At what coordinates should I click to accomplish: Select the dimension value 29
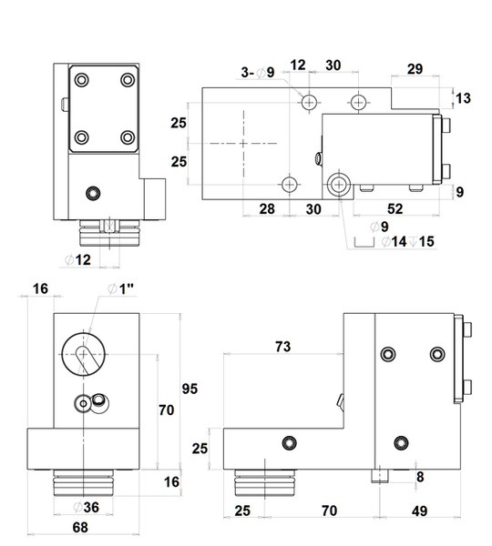[415, 70]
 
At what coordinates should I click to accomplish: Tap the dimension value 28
[266, 209]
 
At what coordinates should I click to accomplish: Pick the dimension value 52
[395, 209]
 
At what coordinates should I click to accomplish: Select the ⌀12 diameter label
[78, 261]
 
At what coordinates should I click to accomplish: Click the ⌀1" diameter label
[122, 288]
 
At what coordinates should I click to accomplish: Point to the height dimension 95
[189, 389]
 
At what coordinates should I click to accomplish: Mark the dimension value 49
[421, 511]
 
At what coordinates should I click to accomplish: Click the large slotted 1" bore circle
[85, 351]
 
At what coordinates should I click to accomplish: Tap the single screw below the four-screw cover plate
[90, 192]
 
